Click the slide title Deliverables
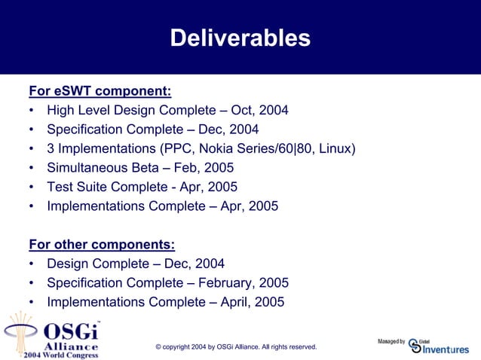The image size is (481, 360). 240,38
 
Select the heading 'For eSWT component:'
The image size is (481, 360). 100,92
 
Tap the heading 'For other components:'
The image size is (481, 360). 102,245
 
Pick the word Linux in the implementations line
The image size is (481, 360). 334,148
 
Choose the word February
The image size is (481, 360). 223,283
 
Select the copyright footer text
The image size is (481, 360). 236,346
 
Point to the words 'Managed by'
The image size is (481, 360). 391,342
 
